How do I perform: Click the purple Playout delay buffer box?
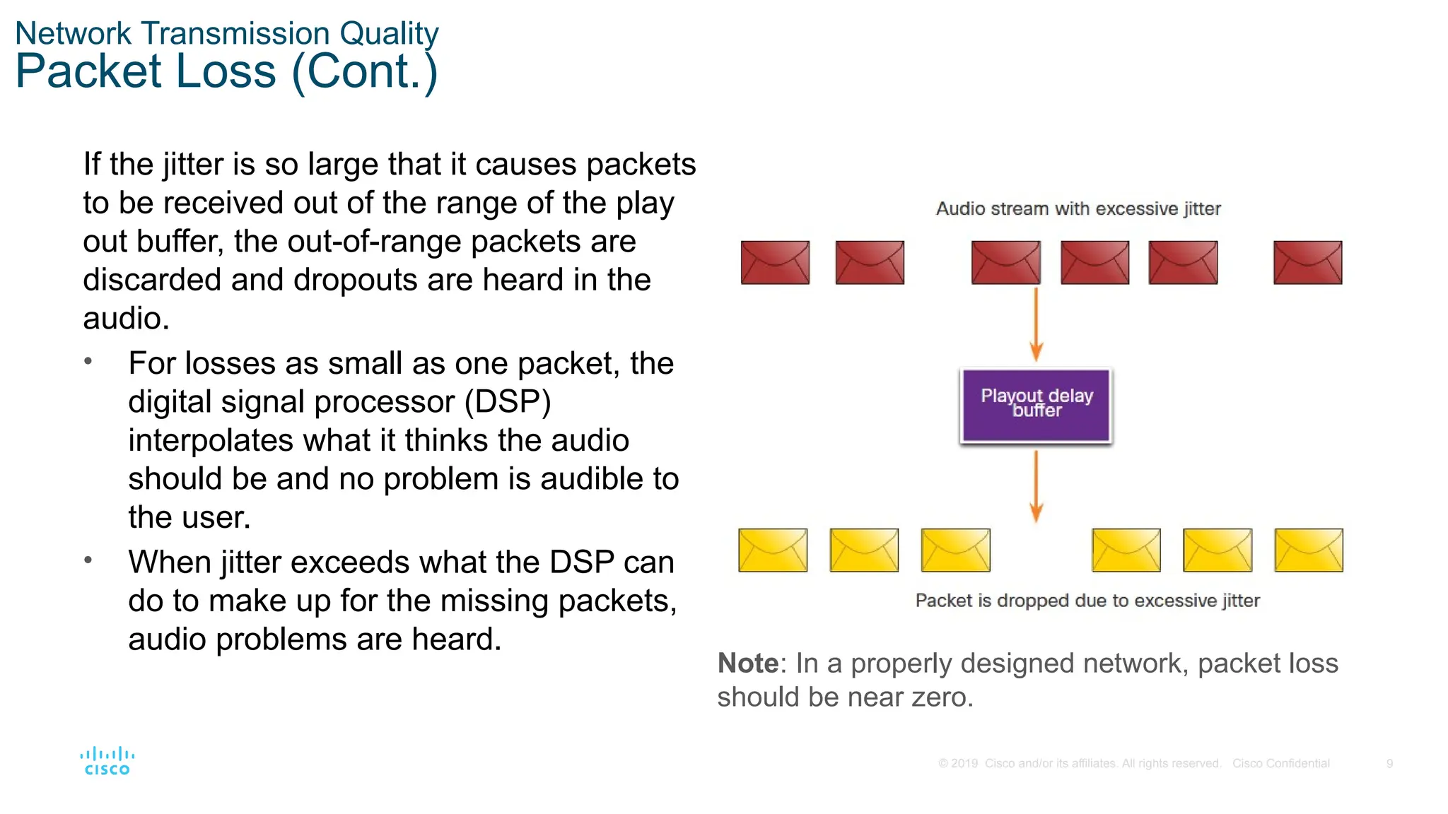pos(1036,406)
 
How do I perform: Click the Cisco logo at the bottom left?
pos(107,762)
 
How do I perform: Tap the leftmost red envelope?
pos(775,262)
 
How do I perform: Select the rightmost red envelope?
pos(1307,262)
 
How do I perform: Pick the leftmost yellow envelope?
pos(773,550)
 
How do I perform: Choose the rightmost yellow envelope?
pos(1309,550)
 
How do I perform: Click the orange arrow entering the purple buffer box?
pos(1037,325)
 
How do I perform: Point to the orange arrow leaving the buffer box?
pos(1037,486)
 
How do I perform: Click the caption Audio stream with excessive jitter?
pos(1078,208)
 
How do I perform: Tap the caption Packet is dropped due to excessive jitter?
pos(1087,601)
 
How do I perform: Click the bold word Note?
pos(748,663)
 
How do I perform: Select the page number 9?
pos(1389,763)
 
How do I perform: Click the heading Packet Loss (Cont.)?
pos(226,71)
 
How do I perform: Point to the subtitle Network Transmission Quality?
pos(226,33)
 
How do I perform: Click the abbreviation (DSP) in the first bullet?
pos(508,402)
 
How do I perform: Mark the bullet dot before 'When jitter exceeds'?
pos(88,560)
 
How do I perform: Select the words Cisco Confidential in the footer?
pos(1280,763)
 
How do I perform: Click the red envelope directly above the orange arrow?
pos(1005,262)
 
